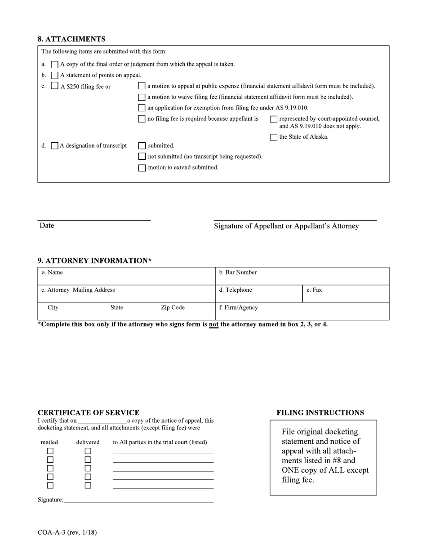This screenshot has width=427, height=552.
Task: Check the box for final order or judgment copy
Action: (55, 65)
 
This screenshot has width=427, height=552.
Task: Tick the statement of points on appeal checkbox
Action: (55, 75)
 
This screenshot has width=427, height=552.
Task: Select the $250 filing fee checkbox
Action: (55, 86)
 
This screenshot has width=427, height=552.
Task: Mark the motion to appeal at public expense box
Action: (142, 86)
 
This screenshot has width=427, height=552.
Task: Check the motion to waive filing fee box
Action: (142, 97)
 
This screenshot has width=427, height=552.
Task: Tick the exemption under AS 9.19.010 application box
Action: (142, 108)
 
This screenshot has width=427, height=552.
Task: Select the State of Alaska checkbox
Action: (274, 137)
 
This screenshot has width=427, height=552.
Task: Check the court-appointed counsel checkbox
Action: (274, 119)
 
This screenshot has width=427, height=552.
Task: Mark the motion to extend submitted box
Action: (142, 168)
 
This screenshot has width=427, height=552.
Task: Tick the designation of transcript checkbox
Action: (55, 146)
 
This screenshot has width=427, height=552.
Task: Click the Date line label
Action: (47, 226)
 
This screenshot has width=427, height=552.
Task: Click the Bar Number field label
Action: (238, 272)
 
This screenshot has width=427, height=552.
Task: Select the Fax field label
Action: (314, 290)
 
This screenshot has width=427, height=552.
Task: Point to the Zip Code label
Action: (173, 307)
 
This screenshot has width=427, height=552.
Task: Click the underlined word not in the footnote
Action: (213, 324)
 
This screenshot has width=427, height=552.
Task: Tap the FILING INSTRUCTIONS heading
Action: (320, 412)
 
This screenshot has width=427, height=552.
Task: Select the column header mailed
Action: (49, 442)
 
